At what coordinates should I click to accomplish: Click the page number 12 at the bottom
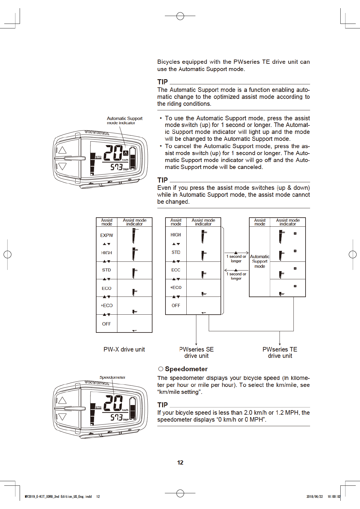tap(180, 462)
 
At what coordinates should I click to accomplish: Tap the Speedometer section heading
tap(186, 369)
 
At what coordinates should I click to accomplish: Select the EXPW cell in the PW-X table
tap(106, 235)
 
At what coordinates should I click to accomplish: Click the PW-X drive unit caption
tap(124, 349)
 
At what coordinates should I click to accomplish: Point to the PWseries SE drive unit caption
tap(196, 352)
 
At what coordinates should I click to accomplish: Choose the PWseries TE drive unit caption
tap(280, 352)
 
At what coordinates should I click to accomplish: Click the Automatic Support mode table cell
tap(260, 261)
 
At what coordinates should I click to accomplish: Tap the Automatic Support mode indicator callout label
tap(124, 120)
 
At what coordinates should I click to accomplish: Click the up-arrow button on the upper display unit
tap(62, 150)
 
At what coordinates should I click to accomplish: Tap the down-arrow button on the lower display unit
tap(62, 417)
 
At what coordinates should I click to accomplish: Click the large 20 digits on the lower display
tap(113, 403)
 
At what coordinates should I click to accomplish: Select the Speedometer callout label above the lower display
tap(112, 377)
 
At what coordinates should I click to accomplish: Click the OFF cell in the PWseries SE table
tap(176, 306)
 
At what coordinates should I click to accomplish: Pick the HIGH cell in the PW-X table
tap(106, 253)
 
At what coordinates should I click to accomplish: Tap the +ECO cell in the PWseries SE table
tap(176, 287)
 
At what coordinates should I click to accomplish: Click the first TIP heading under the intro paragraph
tap(162, 82)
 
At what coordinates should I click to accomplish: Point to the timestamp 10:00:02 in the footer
tap(334, 496)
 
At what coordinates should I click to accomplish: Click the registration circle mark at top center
tap(180, 16)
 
